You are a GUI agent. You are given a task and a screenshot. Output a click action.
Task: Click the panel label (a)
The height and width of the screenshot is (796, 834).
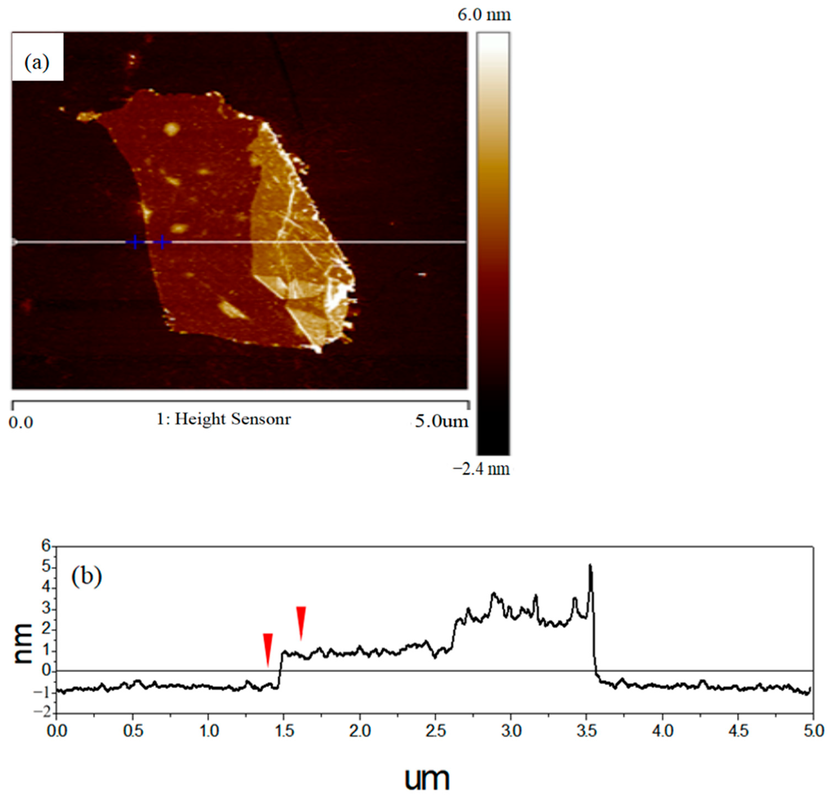(37, 63)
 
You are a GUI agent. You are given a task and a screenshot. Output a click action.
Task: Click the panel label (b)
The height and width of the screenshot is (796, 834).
(87, 577)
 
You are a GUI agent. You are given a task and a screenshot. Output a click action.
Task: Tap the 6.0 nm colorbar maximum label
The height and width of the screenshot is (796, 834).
(484, 15)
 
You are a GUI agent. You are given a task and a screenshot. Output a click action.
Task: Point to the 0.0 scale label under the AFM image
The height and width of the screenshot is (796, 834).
(21, 423)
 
